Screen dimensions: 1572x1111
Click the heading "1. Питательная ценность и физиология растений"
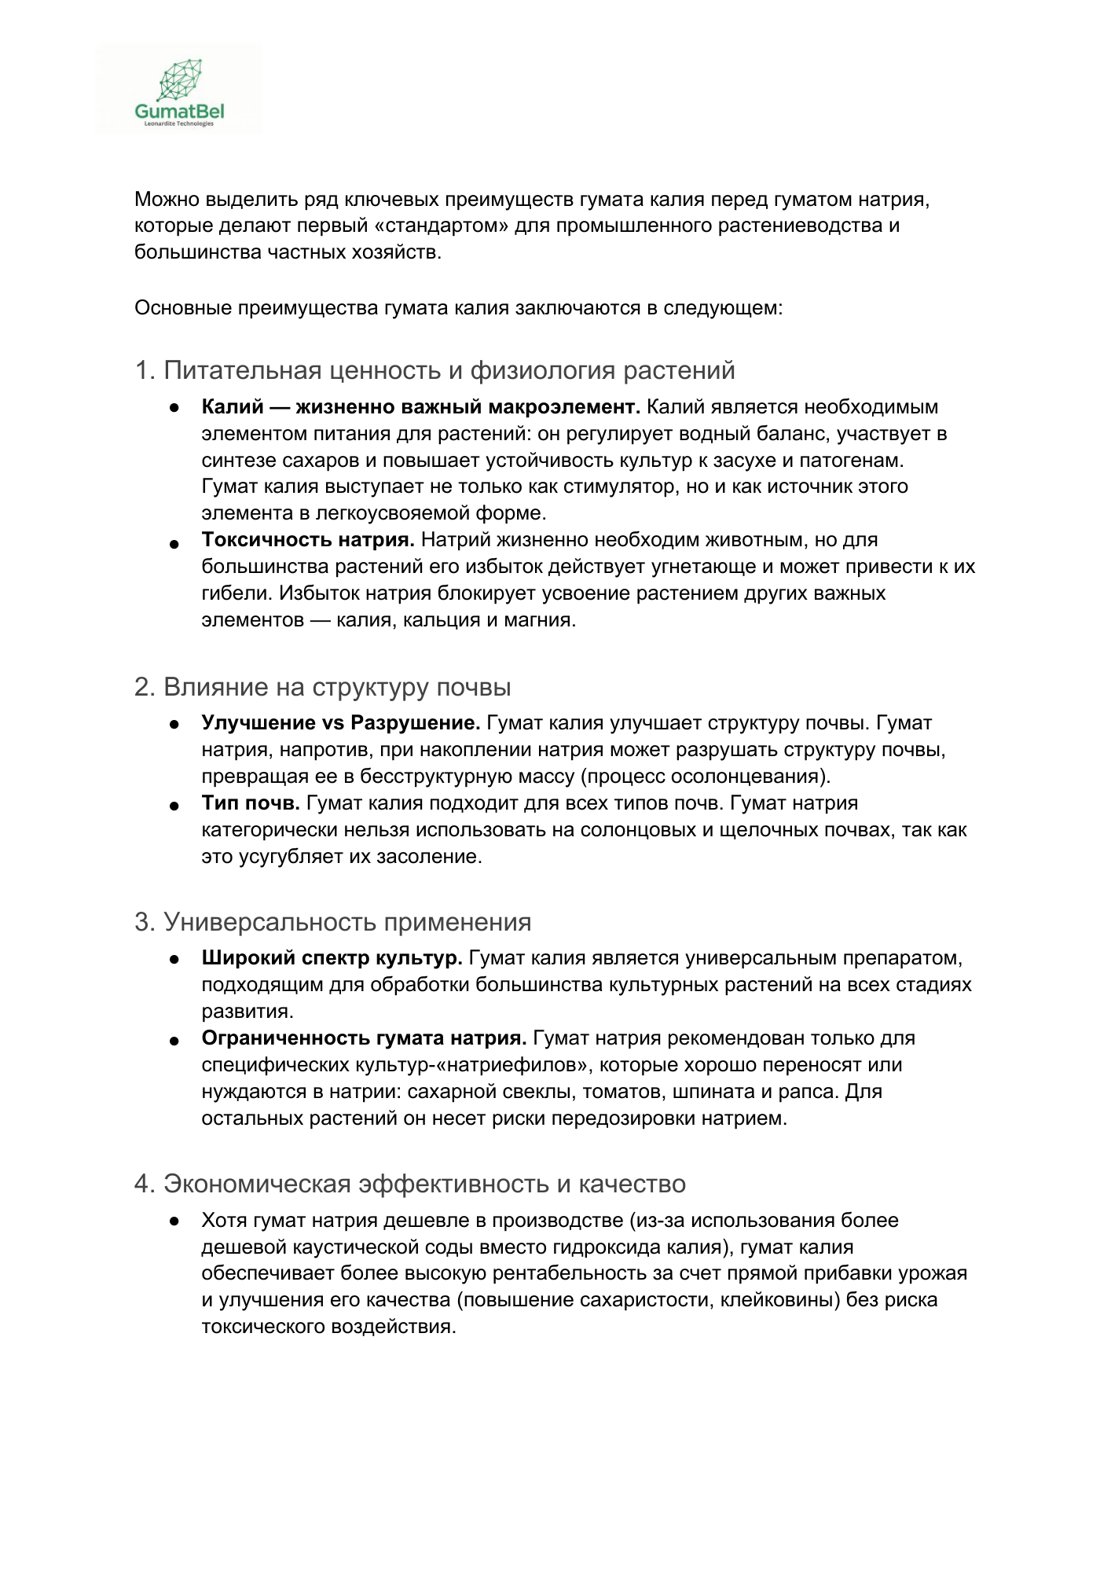[434, 370]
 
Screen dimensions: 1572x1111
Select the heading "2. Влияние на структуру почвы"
[322, 687]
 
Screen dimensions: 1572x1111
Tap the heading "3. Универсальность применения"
[332, 922]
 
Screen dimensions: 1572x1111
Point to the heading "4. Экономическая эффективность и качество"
[409, 1184]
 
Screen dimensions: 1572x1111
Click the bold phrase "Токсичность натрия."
[308, 540]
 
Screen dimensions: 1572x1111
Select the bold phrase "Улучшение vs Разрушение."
[341, 723]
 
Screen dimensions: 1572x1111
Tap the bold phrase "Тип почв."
[251, 803]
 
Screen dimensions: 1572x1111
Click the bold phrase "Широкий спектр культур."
[332, 958]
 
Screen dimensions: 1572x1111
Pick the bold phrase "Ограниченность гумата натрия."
[364, 1038]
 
